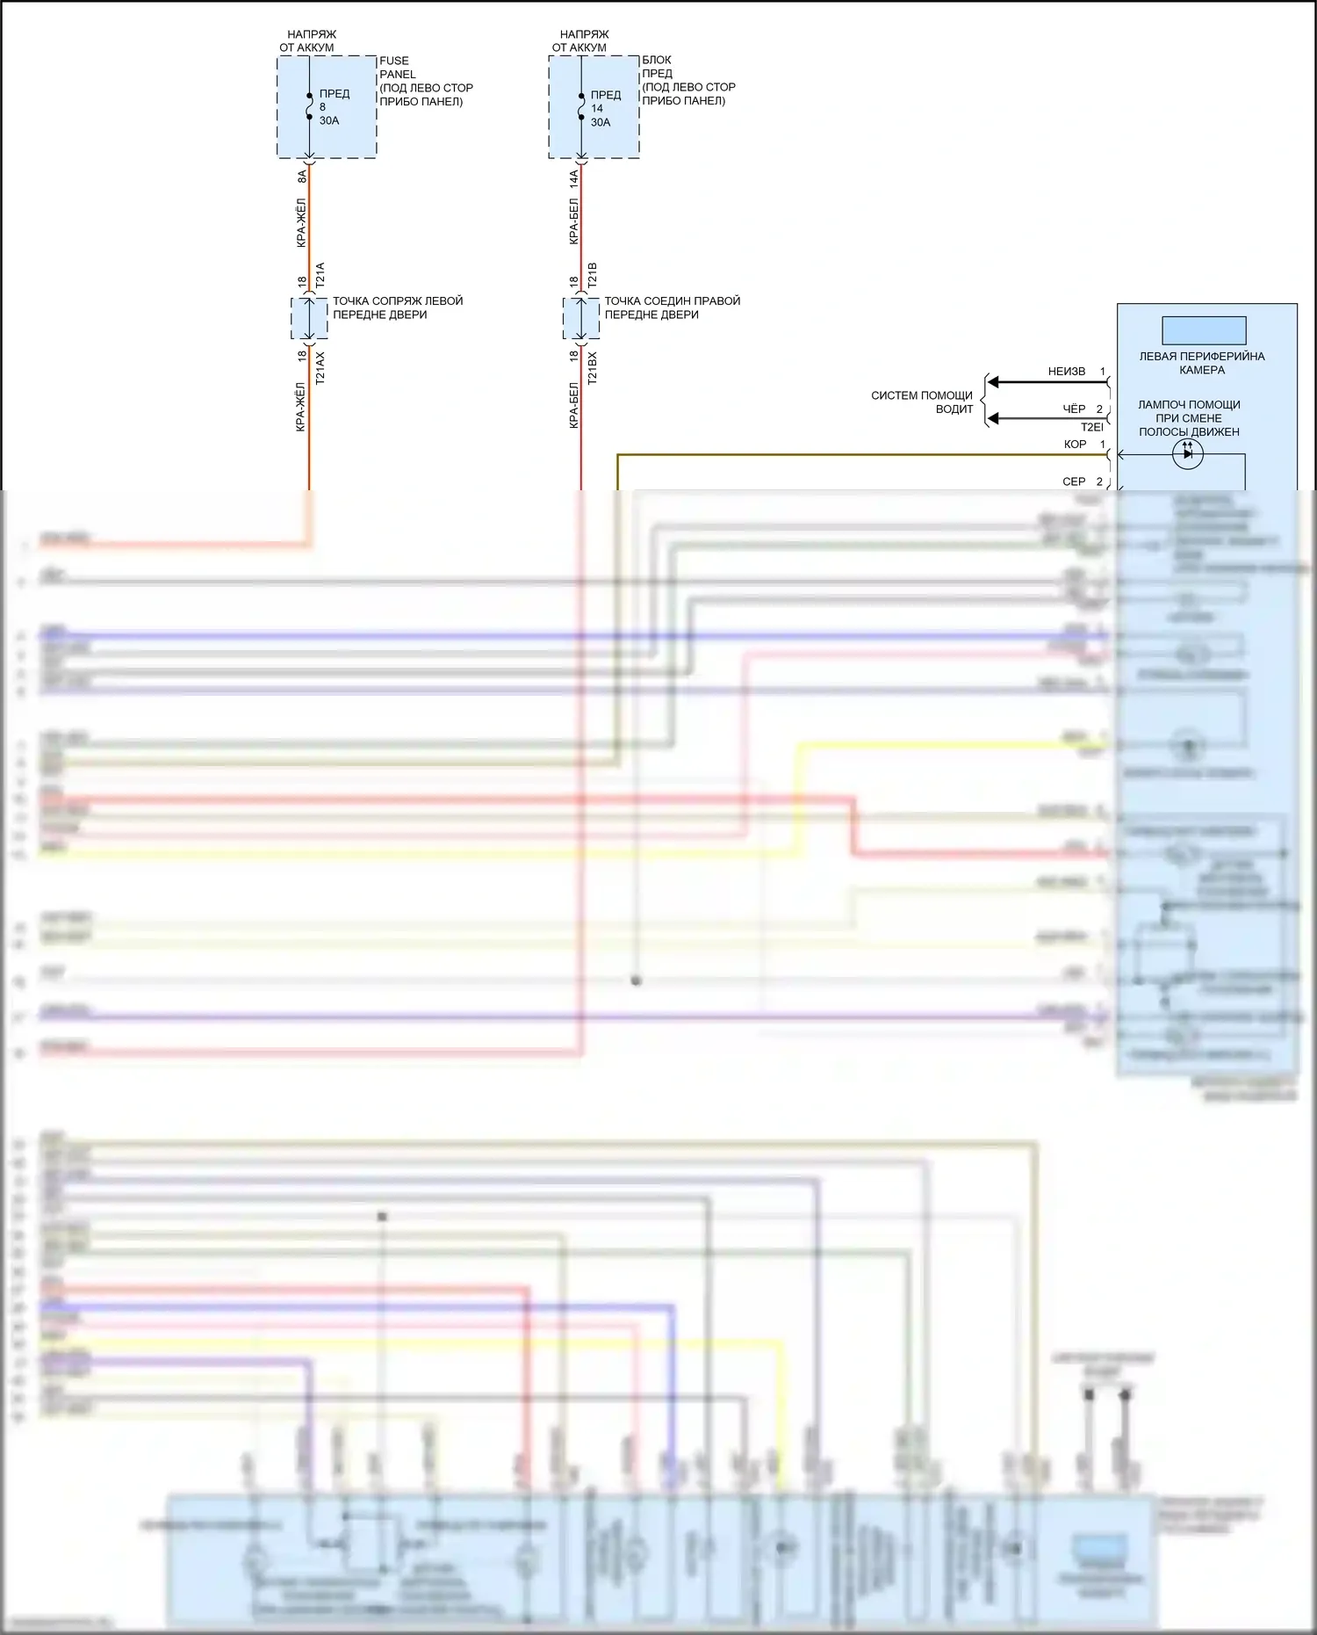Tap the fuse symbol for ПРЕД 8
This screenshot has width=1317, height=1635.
pos(309,106)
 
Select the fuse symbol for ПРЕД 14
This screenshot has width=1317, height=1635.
pos(581,106)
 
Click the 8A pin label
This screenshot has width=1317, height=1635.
pos(302,176)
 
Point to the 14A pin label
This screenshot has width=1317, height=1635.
pos(574,178)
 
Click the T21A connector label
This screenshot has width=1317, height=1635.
pos(320,274)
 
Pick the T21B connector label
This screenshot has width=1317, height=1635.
pos(593,274)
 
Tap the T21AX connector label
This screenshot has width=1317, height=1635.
pos(320,368)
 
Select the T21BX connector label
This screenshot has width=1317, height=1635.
pos(593,368)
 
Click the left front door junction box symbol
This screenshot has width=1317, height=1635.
pos(309,318)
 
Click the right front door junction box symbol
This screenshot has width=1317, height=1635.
pos(581,318)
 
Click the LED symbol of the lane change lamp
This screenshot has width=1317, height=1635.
pos(1187,454)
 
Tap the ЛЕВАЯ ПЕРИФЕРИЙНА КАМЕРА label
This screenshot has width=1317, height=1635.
pos(1202,363)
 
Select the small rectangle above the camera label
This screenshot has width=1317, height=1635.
pos(1204,330)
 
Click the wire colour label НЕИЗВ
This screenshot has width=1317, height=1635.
pos(1066,372)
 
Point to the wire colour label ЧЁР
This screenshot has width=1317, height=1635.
pos(1074,409)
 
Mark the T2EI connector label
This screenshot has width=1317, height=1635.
pos(1091,427)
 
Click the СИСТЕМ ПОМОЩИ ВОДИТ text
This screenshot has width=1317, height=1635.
pos(922,402)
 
